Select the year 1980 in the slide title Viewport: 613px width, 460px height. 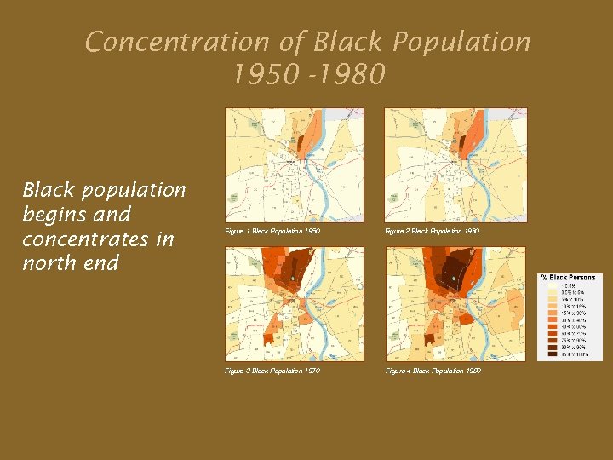(351, 76)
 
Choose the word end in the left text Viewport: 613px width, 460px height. (100, 263)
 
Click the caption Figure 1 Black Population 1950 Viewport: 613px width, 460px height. (272, 231)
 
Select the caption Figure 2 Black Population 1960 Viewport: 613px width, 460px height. (432, 231)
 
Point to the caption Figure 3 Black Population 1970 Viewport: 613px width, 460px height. (272, 371)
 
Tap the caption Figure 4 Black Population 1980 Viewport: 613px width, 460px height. (433, 371)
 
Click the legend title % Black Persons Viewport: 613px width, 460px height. (570, 278)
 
